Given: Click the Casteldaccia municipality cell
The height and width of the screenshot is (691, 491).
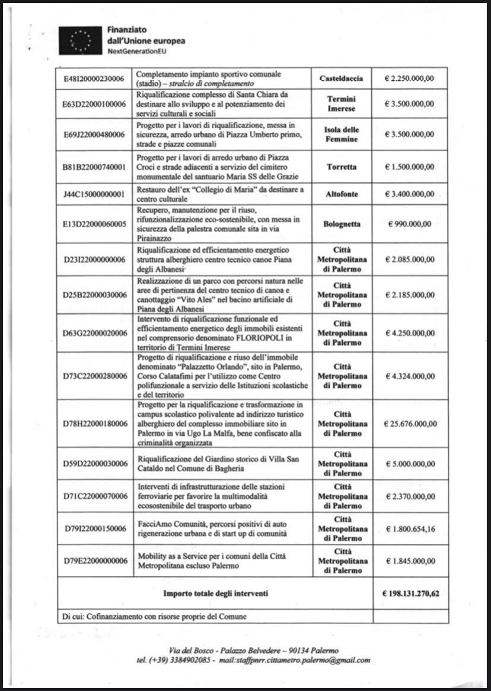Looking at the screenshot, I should pos(341,78).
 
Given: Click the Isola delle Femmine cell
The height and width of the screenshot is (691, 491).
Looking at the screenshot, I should pos(341,134).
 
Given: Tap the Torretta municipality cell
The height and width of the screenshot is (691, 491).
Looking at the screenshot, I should pos(341,167).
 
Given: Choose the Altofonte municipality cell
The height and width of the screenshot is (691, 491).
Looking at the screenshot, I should pos(341,194).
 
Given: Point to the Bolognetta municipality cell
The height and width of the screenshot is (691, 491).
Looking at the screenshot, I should pos(341,224).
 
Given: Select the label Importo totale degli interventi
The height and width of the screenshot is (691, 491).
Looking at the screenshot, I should pos(216,592).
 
